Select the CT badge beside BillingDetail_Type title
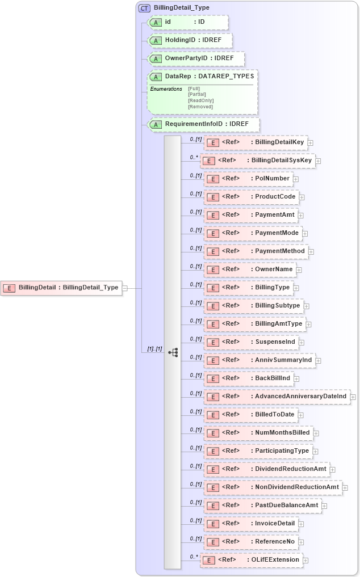point(144,8)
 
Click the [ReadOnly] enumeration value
point(201,100)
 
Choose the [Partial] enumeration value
point(197,94)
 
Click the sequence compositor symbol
point(173,352)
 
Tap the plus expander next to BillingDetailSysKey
point(318,161)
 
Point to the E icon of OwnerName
point(212,269)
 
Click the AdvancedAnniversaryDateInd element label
point(301,396)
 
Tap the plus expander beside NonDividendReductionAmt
point(345,487)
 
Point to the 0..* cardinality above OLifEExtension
point(194,556)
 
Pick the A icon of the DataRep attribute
point(156,77)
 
